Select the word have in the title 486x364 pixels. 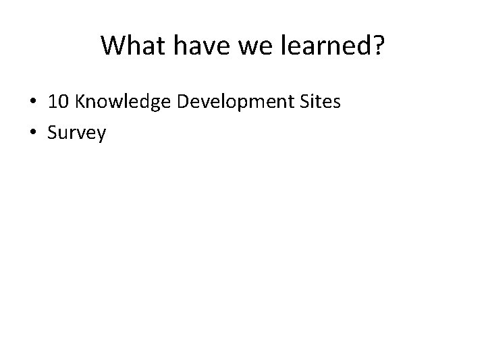(x=192, y=46)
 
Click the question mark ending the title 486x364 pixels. (x=377, y=46)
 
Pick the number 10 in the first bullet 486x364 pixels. (x=58, y=102)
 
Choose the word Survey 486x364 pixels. (x=77, y=133)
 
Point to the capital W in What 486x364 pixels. (x=112, y=46)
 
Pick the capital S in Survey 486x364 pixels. (x=53, y=132)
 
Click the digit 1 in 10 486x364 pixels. (x=53, y=102)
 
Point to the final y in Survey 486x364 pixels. (x=101, y=135)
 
